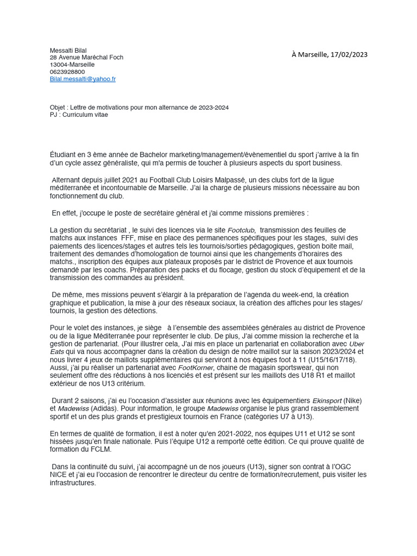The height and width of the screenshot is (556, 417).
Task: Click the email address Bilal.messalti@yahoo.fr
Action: pos(83,79)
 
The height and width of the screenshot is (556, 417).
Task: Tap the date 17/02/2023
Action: pos(347,54)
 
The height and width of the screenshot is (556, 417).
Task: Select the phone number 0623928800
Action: pos(67,72)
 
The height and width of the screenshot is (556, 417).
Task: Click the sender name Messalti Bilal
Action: pos(68,50)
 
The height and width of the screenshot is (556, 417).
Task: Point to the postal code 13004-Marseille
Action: pos(72,65)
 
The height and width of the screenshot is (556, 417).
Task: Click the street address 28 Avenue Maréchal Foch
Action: pos(86,58)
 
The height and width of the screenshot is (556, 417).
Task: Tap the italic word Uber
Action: pos(357,344)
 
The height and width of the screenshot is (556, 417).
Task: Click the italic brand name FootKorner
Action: pos(196,368)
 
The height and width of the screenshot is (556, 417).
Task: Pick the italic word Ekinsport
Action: pos(327,401)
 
